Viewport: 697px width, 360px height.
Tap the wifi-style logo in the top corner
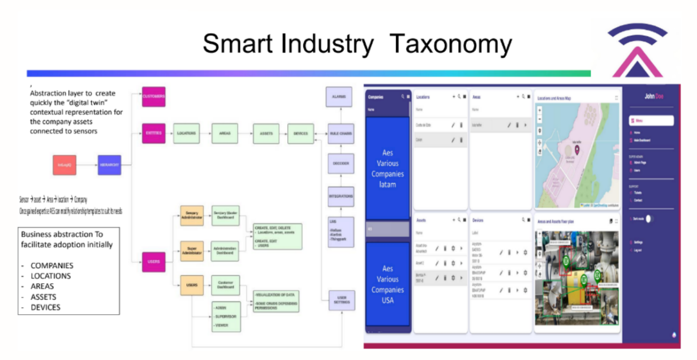pos(638,50)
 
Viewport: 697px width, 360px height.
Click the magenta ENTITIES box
pos(153,134)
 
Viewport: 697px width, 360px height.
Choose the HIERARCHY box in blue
pos(109,165)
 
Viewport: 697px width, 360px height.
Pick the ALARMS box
pos(341,97)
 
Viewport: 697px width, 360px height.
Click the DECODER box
pos(341,164)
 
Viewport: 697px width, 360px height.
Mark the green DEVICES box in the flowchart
pos(300,134)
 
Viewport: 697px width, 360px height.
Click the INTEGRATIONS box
pos(341,196)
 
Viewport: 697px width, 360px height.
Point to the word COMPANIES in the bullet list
pos(52,265)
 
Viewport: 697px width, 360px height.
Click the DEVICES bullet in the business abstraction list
pos(45,307)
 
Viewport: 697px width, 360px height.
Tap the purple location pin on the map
pos(578,149)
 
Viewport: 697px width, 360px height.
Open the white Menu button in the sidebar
pos(651,121)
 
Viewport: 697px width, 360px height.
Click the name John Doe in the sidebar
pos(654,96)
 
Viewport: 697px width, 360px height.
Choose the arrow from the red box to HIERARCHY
pos(87,165)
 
